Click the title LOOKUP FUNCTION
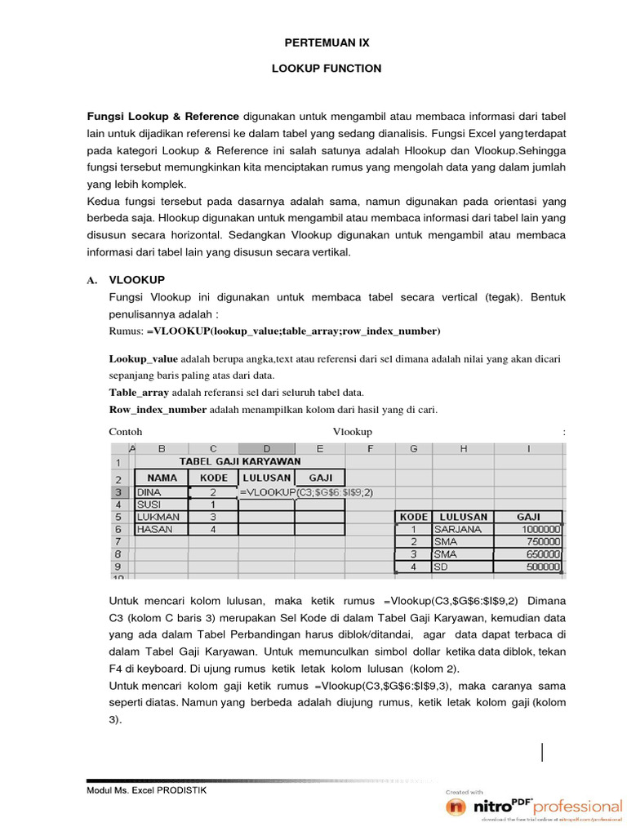pos(327,69)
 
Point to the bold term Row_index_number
pos(158,410)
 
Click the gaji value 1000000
pos(539,529)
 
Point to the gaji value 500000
pos(539,567)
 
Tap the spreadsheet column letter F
pos(370,448)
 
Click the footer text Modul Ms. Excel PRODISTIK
pos(147,791)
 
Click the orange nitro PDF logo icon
pos(456,807)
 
